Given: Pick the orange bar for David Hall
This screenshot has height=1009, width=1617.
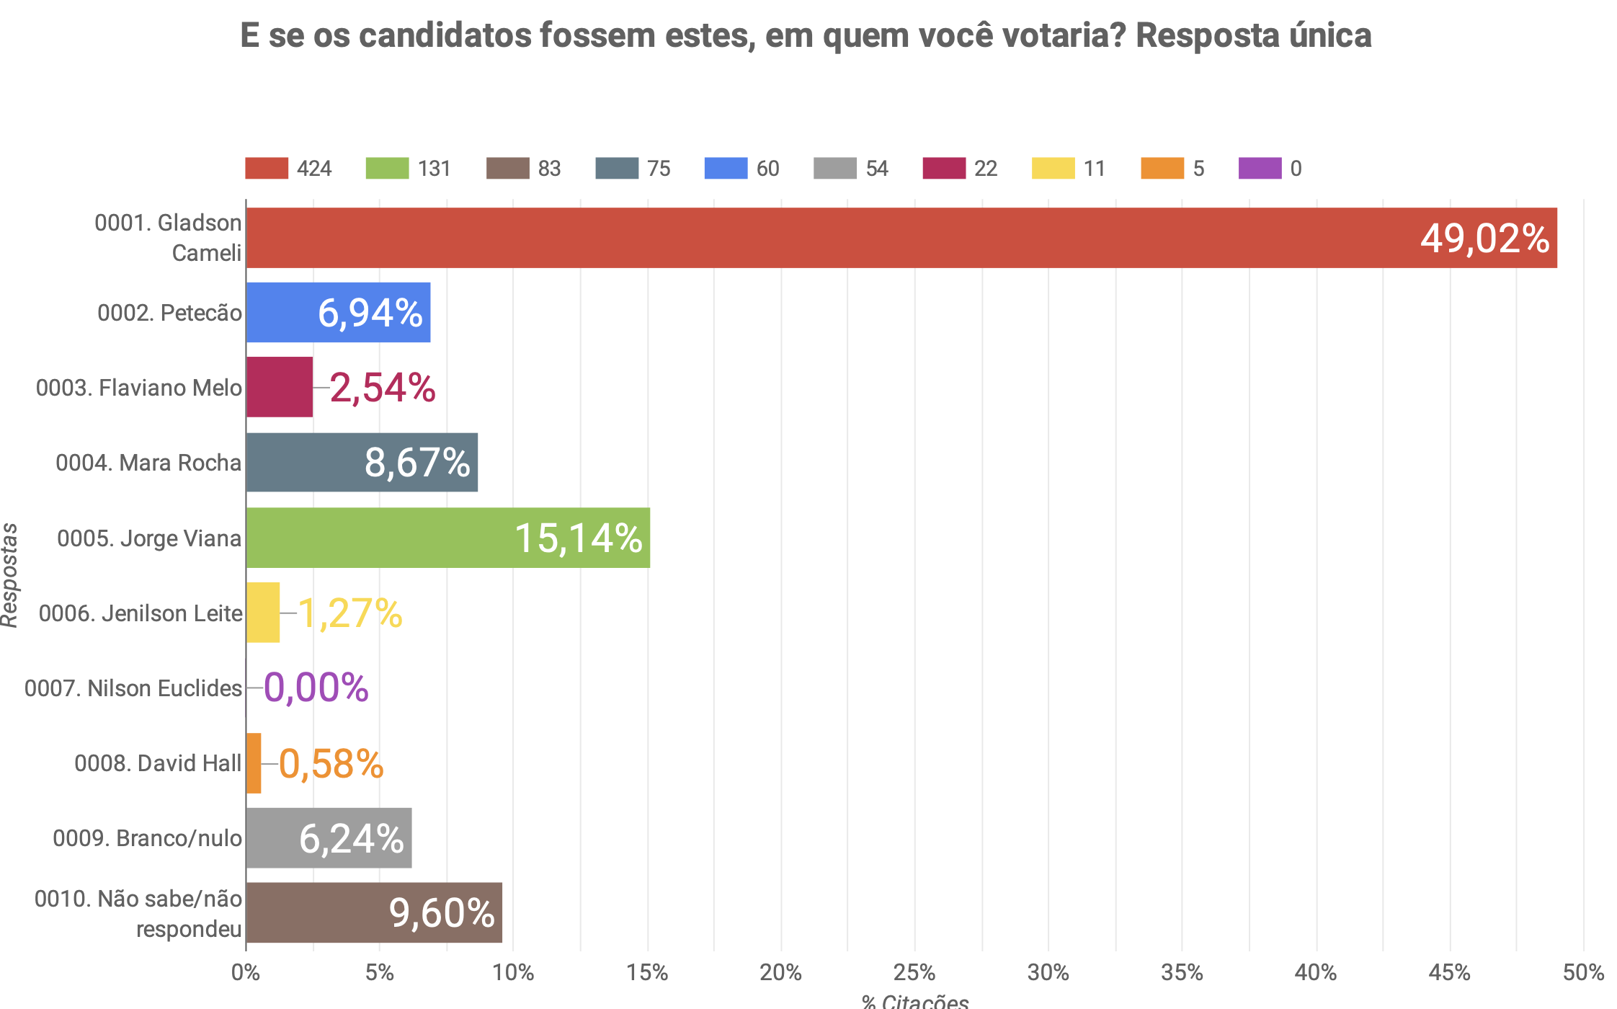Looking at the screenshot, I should [254, 763].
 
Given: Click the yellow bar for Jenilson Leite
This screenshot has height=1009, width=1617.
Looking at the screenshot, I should [263, 613].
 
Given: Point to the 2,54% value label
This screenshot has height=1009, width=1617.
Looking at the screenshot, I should [383, 388].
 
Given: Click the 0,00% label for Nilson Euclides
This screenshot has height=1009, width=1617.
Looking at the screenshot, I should [316, 688].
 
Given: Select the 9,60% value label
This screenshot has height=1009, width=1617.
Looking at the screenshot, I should [442, 913].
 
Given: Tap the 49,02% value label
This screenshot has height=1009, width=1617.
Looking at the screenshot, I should [1484, 239].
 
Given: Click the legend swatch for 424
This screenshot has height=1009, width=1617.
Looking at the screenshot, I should [267, 168].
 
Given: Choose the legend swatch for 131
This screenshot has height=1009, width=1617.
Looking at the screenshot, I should [387, 168].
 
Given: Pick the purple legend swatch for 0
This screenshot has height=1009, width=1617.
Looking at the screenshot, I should [1260, 168].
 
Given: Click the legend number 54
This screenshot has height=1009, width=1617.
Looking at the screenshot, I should [877, 169].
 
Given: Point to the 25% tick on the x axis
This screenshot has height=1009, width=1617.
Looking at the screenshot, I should [914, 973].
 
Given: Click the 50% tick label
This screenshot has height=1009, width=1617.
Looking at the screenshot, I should [1583, 973].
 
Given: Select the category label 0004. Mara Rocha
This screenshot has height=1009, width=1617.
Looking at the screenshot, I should [148, 463].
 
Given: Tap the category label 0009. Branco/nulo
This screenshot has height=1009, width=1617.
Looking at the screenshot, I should [147, 838].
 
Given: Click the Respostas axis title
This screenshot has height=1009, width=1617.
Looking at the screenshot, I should [9, 575].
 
